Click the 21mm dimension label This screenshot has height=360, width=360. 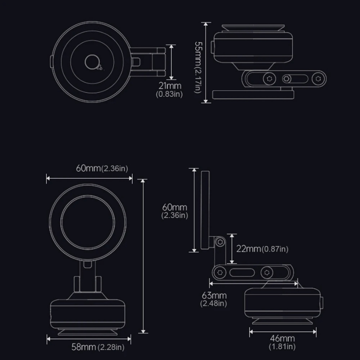click(x=170, y=86)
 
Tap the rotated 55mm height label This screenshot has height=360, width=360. click(x=198, y=67)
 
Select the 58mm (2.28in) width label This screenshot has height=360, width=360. click(x=98, y=347)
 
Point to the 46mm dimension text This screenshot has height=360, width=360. click(x=283, y=338)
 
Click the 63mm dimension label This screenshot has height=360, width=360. click(x=214, y=295)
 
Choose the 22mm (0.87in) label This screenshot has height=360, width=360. click(x=262, y=249)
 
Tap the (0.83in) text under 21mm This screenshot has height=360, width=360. click(x=169, y=94)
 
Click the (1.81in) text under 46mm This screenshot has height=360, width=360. click(x=282, y=346)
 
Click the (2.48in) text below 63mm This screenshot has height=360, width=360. click(x=213, y=303)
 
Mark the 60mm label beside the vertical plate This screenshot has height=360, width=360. click(x=175, y=207)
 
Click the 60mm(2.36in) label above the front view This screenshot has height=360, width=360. click(x=102, y=168)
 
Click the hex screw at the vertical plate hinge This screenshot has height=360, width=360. click(x=220, y=242)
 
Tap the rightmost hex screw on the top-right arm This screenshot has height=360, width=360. click(x=318, y=79)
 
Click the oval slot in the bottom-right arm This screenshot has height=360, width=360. click(x=242, y=273)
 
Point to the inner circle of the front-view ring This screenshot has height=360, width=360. click(x=88, y=222)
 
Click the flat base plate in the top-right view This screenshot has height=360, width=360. click(x=253, y=94)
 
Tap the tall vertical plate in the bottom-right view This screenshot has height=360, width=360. click(x=205, y=210)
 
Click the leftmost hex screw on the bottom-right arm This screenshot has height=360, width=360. click(x=220, y=273)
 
